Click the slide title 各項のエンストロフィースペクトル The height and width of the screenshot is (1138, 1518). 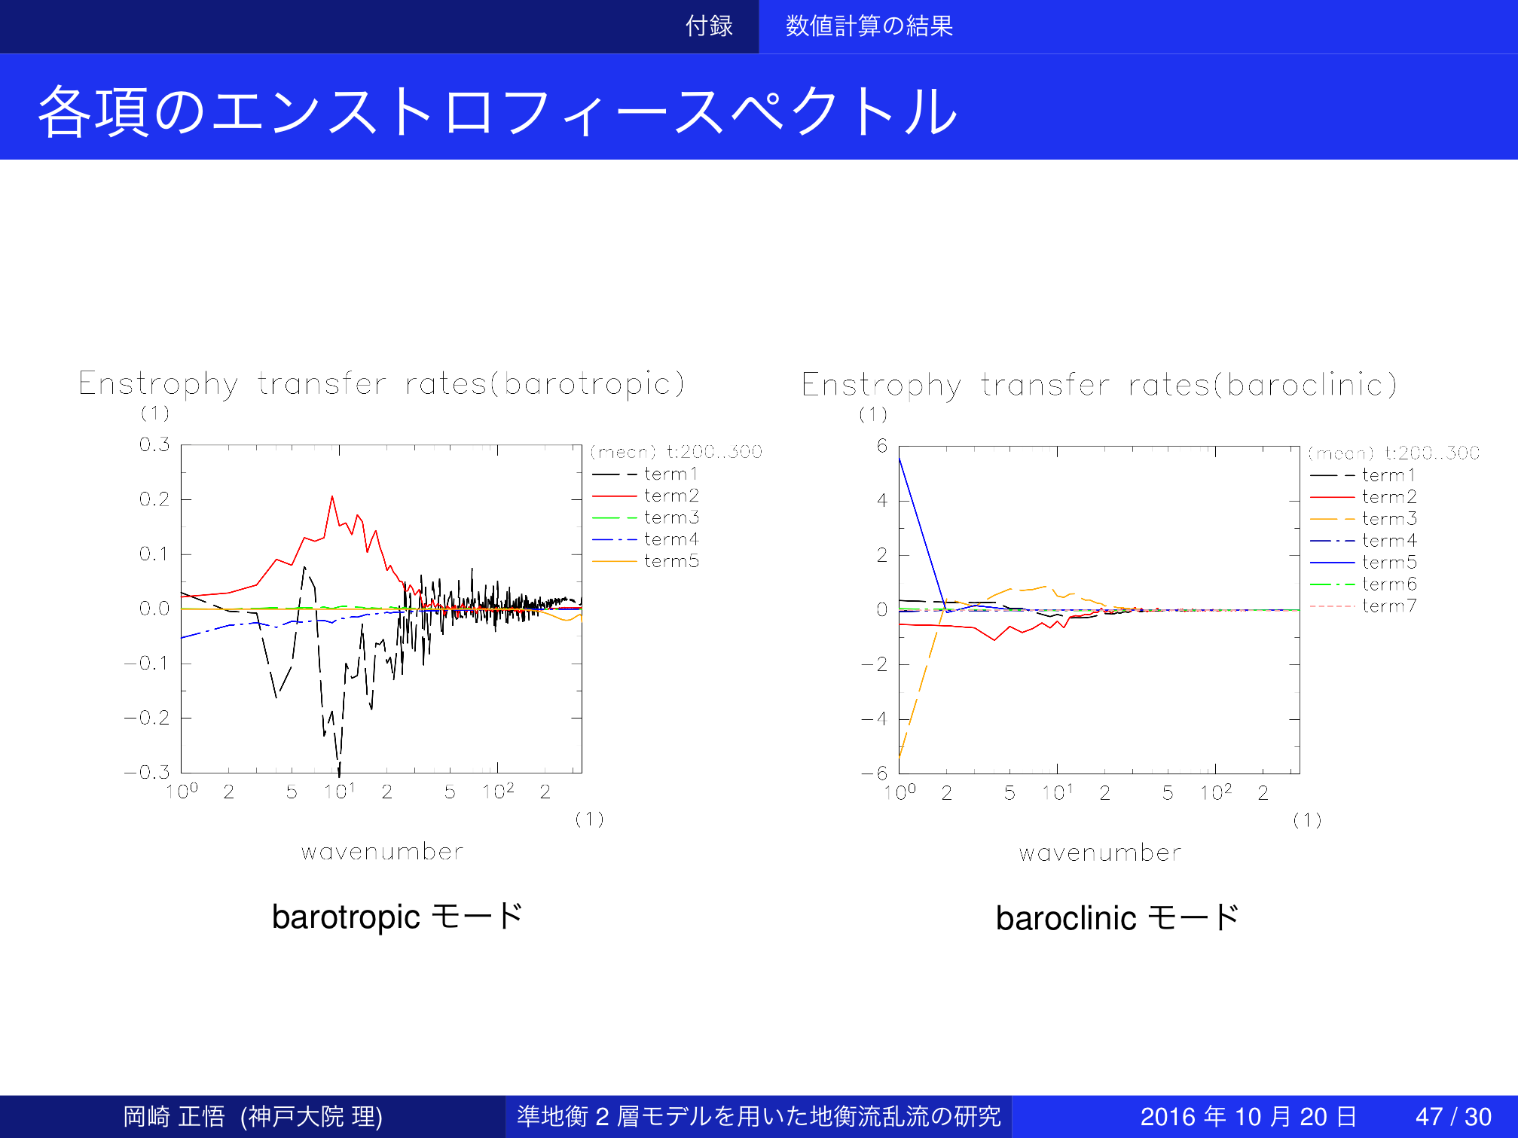tap(497, 111)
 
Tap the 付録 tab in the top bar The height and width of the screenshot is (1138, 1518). tap(709, 26)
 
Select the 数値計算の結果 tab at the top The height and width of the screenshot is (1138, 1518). tap(869, 26)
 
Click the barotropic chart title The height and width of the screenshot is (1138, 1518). tap(382, 384)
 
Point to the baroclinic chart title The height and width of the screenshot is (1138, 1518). tap(1100, 385)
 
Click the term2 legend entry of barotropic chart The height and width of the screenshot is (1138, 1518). tap(646, 496)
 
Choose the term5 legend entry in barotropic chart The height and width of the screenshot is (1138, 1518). tap(646, 561)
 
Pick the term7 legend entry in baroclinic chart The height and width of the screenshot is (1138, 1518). tap(1364, 606)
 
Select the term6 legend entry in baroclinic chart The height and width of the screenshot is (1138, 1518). tap(1364, 584)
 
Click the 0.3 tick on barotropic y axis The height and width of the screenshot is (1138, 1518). tap(154, 444)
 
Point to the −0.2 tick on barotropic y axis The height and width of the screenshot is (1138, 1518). tap(147, 718)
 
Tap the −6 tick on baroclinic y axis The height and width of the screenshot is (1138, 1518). tap(875, 773)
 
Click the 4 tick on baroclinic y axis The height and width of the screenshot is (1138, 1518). tap(882, 500)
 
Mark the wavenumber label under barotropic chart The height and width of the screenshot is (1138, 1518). tap(382, 852)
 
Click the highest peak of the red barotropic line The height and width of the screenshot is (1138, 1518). tap(332, 496)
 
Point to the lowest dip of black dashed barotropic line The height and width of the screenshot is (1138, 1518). tap(339, 775)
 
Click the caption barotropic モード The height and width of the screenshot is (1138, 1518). tap(397, 917)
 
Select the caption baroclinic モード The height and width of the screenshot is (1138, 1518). tap(1117, 918)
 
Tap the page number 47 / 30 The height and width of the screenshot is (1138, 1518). tap(1453, 1116)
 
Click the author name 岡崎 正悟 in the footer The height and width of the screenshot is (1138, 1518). tap(174, 1116)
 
